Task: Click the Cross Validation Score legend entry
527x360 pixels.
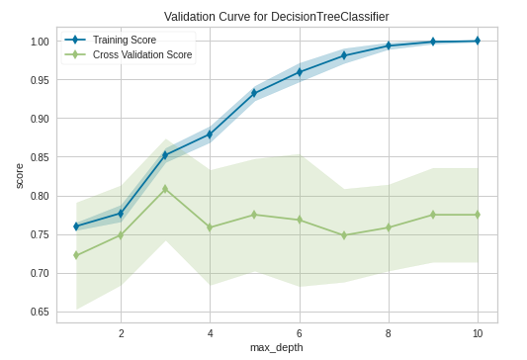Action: click(x=140, y=54)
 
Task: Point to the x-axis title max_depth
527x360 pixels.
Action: click(x=277, y=348)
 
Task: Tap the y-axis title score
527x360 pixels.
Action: click(x=19, y=175)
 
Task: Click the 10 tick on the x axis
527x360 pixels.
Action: click(x=477, y=333)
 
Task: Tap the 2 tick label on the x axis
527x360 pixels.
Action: click(x=121, y=333)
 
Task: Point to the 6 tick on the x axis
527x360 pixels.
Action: click(x=299, y=333)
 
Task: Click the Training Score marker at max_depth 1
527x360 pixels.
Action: click(x=76, y=226)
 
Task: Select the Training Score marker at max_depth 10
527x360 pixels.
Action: click(x=477, y=41)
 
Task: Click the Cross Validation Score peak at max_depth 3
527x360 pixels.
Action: click(x=165, y=188)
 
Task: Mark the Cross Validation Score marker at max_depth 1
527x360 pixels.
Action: click(x=76, y=255)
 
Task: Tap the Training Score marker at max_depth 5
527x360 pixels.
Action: click(x=254, y=93)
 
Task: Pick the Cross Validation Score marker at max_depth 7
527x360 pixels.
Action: click(x=343, y=235)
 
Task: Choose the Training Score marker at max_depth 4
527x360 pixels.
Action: click(x=210, y=134)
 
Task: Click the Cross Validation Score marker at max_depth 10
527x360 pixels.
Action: click(x=477, y=215)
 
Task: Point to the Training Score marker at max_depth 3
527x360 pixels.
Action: click(x=165, y=155)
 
